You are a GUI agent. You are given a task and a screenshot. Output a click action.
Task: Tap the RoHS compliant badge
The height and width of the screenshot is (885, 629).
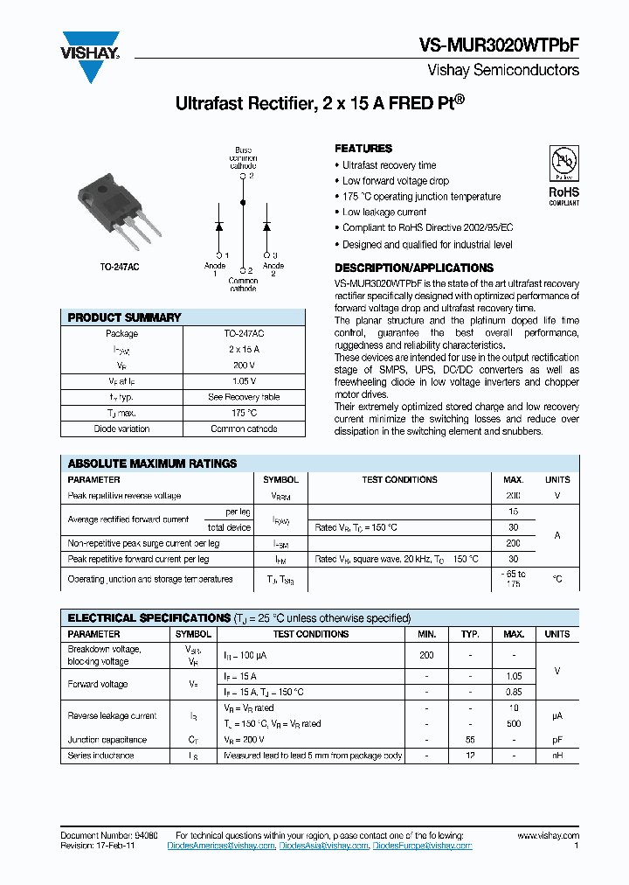click(563, 175)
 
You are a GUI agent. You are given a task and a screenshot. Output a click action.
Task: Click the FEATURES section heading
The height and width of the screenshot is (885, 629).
click(363, 149)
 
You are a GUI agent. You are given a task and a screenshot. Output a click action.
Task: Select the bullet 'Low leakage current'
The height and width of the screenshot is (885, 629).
click(384, 213)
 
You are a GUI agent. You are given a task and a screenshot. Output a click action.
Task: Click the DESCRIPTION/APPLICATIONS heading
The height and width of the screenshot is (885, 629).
click(413, 268)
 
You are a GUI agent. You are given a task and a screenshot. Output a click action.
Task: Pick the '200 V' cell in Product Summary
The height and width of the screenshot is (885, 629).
click(245, 366)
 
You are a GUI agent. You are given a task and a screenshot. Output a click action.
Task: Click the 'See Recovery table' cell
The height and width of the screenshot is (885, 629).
click(245, 397)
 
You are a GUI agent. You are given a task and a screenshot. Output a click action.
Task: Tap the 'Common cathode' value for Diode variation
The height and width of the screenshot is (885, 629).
click(245, 429)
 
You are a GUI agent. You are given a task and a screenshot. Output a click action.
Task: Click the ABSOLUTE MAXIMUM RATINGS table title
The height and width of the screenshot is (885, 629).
click(152, 463)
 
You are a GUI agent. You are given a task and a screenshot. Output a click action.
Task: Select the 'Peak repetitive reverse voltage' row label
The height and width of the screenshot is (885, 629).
click(124, 496)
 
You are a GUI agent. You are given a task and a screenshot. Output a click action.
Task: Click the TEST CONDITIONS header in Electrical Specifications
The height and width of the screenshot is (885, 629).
click(310, 634)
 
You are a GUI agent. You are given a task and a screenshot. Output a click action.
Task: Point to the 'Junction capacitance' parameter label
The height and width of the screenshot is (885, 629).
click(107, 740)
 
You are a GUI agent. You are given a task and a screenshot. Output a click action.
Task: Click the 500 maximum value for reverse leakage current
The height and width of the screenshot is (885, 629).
click(515, 724)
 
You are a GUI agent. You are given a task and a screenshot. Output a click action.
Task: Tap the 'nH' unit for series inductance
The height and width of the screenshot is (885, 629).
click(556, 756)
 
